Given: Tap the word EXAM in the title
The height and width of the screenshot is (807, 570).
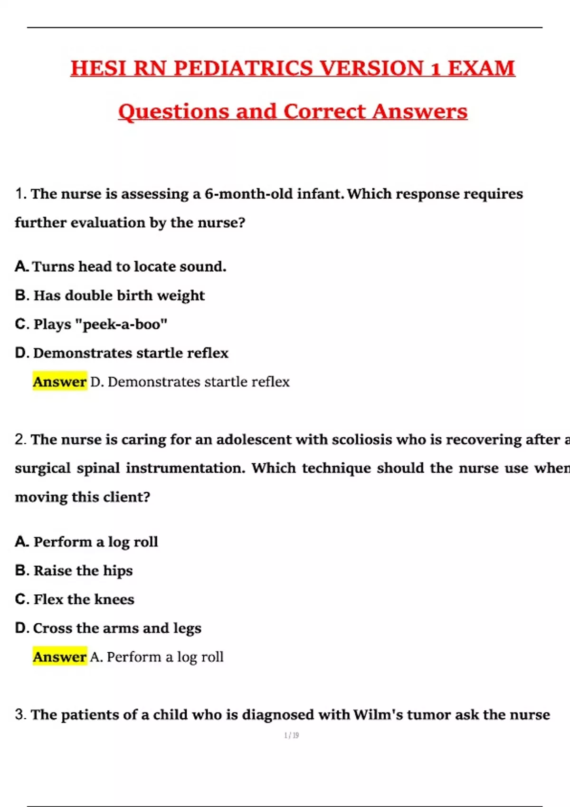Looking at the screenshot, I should tap(481, 68).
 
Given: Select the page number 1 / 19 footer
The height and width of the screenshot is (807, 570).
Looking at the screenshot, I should tap(291, 735).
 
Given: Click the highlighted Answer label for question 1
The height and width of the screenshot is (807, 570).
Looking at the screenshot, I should tap(60, 382).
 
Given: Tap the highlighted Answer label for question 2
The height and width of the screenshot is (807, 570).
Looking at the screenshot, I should tap(60, 657).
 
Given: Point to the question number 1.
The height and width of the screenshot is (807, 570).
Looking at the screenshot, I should tap(20, 194).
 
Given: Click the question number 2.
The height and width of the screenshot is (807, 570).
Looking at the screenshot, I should tap(20, 440).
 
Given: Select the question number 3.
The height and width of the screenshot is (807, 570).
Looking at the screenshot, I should tap(20, 715).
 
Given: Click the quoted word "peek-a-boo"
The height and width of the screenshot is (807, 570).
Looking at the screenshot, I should tap(125, 324).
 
